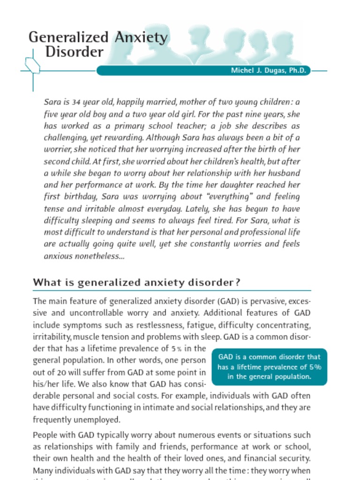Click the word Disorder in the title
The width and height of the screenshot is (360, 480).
(74, 52)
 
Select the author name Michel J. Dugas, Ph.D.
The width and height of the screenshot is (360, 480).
(268, 71)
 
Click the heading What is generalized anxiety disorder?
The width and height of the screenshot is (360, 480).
(136, 283)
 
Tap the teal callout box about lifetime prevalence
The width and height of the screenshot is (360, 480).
(270, 367)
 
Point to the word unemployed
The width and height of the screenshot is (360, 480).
(98, 420)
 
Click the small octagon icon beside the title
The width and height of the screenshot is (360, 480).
(32, 66)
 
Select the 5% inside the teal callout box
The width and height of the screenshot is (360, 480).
(315, 367)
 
